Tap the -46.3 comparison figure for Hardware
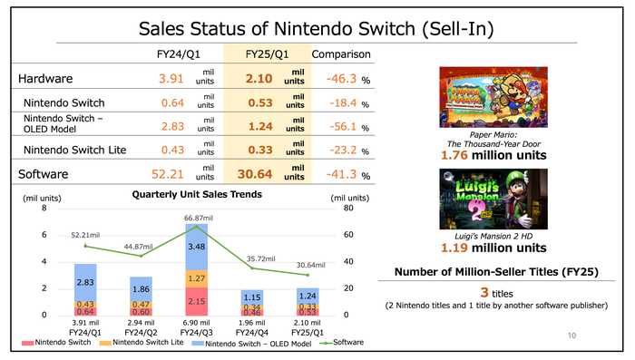[341, 79]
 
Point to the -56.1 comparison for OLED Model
[341, 127]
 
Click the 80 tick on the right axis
[347, 209]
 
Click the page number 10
[571, 336]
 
